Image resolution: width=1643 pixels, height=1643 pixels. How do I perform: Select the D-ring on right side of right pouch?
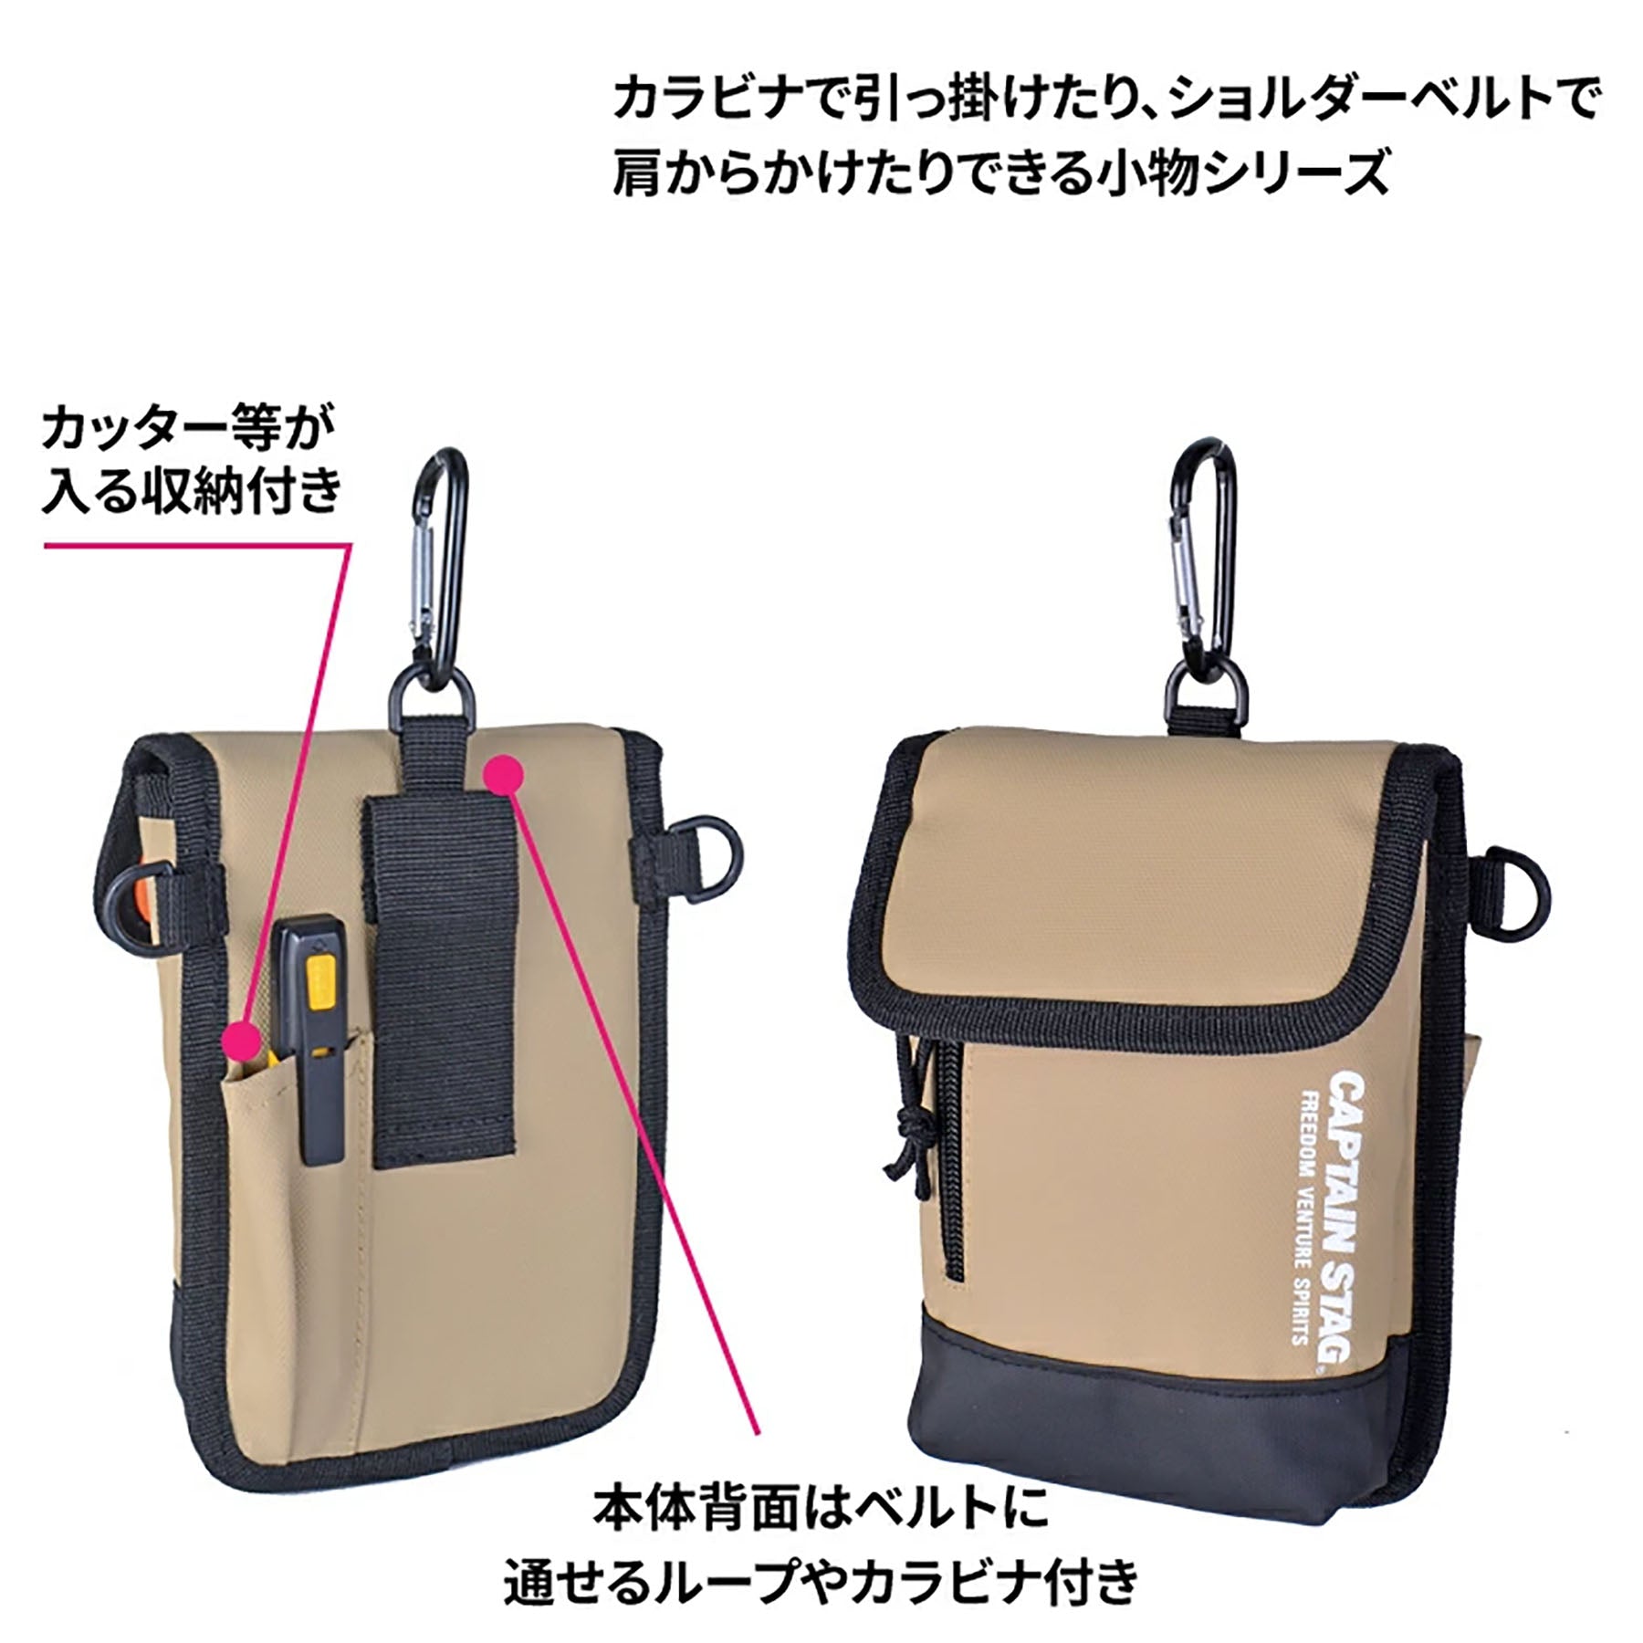pos(1523,883)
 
